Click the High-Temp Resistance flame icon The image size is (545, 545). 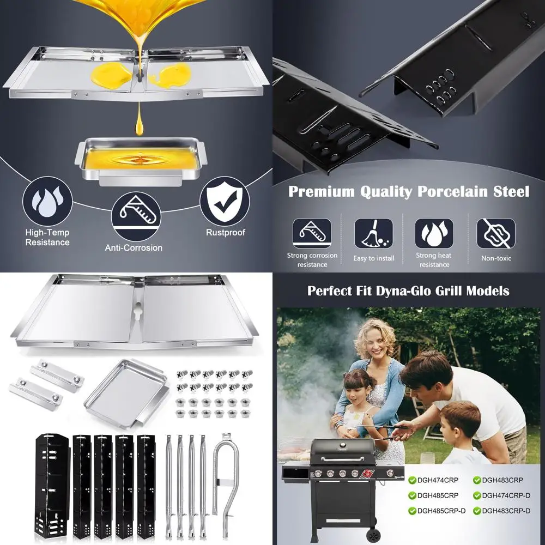[x=47, y=201]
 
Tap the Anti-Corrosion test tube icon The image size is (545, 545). [x=136, y=216]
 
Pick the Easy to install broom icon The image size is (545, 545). [x=373, y=233]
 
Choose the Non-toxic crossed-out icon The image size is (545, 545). [x=496, y=233]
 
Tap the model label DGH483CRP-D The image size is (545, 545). [x=506, y=511]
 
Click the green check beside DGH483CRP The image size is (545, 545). [x=477, y=480]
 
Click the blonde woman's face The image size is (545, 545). [x=377, y=343]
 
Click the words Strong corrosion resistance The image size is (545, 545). [x=312, y=260]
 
